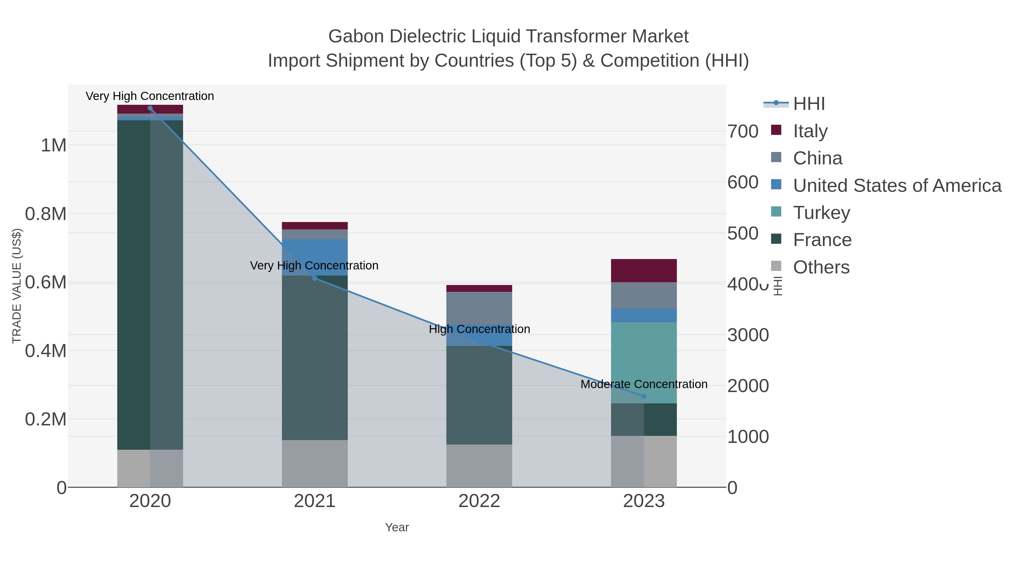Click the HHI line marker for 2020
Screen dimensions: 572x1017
point(150,108)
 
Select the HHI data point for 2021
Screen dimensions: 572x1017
point(315,278)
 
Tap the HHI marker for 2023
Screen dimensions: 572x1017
point(644,396)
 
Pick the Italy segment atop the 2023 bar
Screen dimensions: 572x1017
point(644,270)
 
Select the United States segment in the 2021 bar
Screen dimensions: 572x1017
point(315,253)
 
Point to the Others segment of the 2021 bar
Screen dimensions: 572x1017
point(315,464)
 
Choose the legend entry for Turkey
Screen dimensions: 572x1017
point(822,213)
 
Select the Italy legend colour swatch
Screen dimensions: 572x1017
point(776,130)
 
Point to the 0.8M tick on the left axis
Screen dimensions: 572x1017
point(46,214)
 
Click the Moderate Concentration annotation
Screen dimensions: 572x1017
point(644,384)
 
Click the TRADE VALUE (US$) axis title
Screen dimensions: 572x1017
point(17,286)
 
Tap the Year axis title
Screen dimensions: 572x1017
point(397,527)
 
